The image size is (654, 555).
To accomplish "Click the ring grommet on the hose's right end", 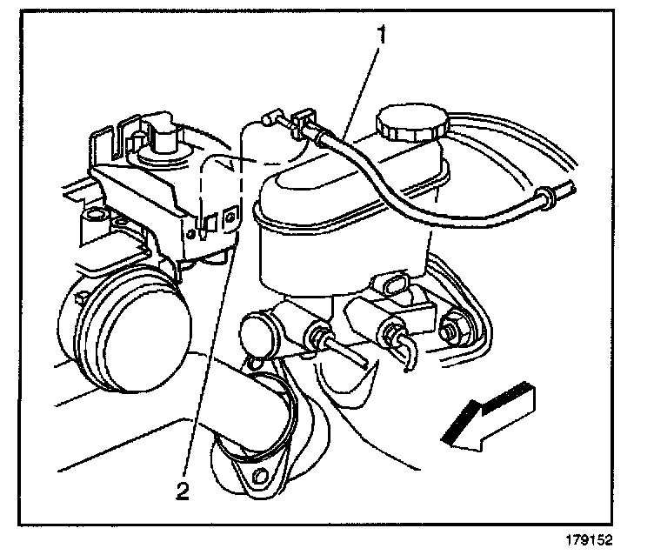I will click(545, 197).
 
